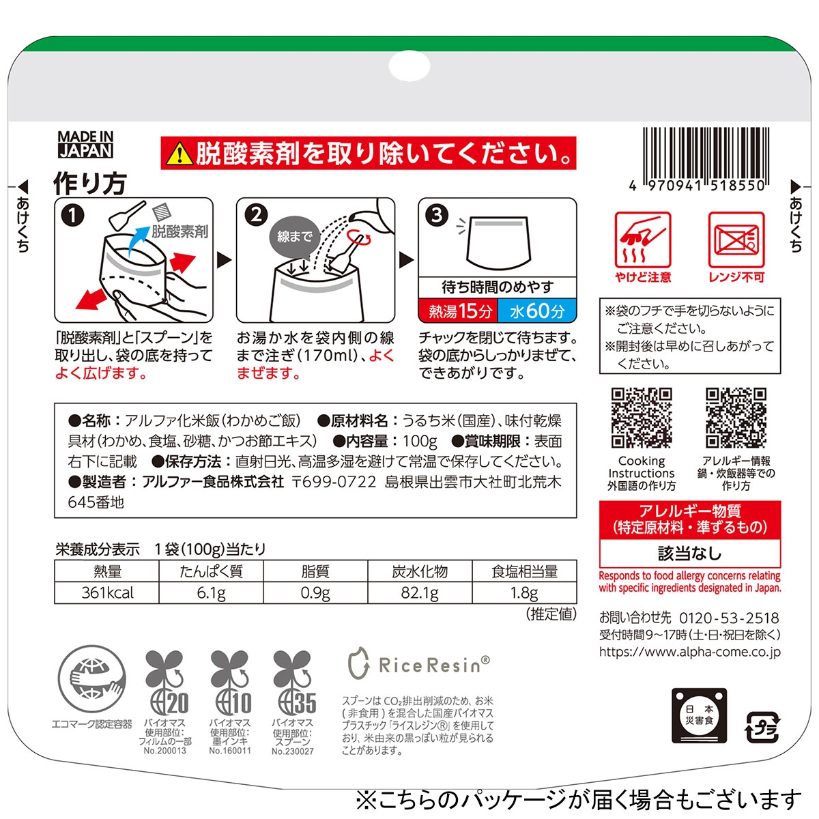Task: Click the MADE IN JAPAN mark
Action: [x=85, y=145]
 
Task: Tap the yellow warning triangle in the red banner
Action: [x=179, y=154]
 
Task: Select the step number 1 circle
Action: [x=72, y=215]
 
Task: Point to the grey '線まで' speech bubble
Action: [x=294, y=237]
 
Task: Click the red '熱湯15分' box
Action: [x=459, y=311]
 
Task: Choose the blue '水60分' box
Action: [x=537, y=311]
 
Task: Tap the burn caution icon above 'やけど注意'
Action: [x=643, y=240]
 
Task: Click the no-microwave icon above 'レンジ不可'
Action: [x=736, y=240]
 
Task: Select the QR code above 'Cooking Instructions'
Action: [x=642, y=418]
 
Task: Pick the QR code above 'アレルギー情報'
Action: [x=736, y=418]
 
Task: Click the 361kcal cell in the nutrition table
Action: [x=107, y=593]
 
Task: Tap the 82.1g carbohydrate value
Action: [x=420, y=593]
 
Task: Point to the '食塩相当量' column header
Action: [x=524, y=572]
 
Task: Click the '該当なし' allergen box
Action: [x=690, y=554]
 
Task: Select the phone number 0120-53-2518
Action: [x=730, y=618]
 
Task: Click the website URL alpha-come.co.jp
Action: [x=690, y=652]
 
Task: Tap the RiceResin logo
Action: [x=419, y=664]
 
